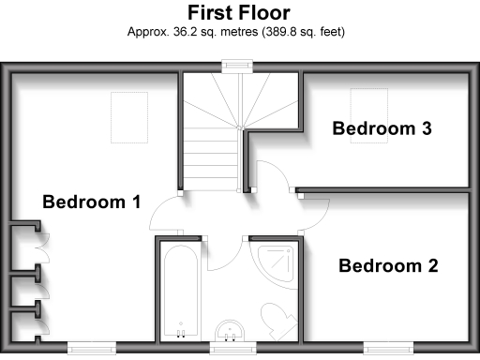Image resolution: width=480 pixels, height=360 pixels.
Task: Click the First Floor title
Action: (238, 13)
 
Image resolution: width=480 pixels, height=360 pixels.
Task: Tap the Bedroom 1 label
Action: (91, 201)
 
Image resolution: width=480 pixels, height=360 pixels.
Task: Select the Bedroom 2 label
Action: (388, 265)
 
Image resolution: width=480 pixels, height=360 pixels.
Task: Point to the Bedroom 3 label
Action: (382, 128)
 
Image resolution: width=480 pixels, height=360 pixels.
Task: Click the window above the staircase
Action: (237, 65)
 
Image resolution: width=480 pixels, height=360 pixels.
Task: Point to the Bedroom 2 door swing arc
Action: (312, 216)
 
